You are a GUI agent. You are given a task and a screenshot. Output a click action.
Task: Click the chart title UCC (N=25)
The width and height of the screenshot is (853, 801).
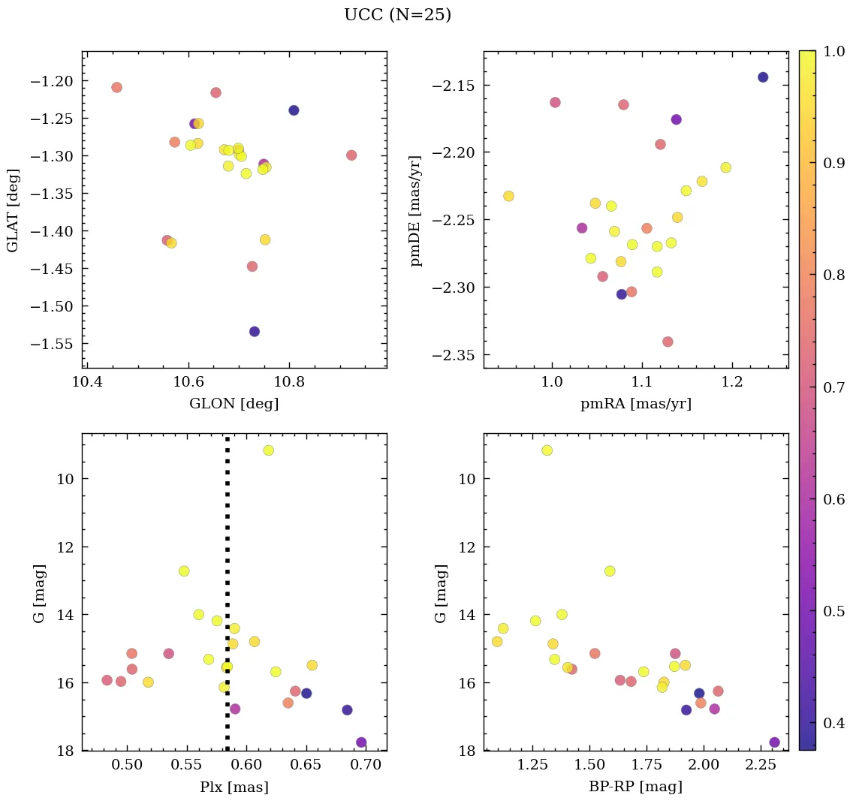[397, 15]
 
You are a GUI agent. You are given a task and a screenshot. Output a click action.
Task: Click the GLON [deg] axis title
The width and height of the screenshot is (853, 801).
[234, 404]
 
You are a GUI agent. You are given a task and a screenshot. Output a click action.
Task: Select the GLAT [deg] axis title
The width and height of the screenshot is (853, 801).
[14, 210]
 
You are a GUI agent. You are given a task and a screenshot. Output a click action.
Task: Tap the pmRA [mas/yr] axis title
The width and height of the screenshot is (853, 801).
[636, 404]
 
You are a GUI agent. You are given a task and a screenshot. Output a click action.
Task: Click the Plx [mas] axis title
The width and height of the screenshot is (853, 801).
[234, 787]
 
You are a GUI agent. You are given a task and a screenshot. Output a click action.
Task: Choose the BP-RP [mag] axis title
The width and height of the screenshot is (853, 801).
[636, 787]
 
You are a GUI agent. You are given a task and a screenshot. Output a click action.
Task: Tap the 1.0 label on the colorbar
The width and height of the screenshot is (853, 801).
[835, 52]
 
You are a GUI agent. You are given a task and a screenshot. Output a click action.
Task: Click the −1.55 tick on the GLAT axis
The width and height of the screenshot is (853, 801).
[55, 343]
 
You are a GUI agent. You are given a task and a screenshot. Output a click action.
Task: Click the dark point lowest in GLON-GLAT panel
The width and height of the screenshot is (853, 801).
[255, 332]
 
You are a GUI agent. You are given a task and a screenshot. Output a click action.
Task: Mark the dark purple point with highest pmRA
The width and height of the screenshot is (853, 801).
[763, 77]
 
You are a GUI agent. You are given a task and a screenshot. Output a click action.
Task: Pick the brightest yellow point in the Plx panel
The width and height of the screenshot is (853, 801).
[268, 450]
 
